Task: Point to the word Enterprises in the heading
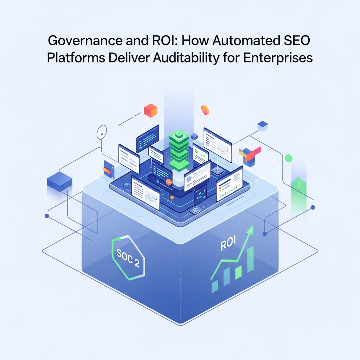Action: (278, 58)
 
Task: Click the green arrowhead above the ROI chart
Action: (250, 230)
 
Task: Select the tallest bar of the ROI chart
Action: (250, 259)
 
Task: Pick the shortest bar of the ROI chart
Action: (215, 287)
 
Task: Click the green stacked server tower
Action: (179, 150)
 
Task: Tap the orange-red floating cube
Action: (150, 110)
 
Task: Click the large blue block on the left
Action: (59, 182)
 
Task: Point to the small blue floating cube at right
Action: (263, 126)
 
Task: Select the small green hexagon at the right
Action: (289, 158)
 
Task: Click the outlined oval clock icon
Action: (102, 132)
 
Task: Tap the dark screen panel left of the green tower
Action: (148, 139)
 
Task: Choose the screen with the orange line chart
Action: (218, 144)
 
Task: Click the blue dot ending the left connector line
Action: (47, 216)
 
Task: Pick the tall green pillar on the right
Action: (299, 198)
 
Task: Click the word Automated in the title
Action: (246, 41)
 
